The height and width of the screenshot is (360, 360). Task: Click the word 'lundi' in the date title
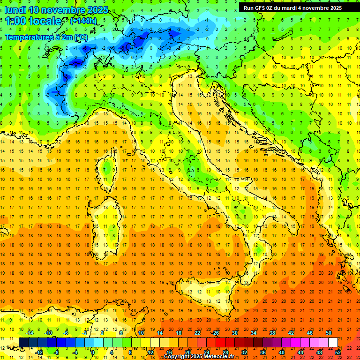(x=15, y=9)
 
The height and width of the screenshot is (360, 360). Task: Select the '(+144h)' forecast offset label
(x=83, y=21)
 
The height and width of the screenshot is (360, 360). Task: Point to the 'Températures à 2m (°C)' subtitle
(x=46, y=37)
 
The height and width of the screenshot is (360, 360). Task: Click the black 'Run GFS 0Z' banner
(x=292, y=8)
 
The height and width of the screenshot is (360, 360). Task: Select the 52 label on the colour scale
(x=338, y=352)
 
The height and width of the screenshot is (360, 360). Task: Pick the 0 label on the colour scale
(x=93, y=352)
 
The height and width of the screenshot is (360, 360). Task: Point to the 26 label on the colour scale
(x=216, y=333)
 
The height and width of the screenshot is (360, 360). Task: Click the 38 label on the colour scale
(x=272, y=333)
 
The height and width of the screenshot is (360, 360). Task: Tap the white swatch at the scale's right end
(x=333, y=342)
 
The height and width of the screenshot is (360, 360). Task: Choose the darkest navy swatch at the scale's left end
(x=23, y=342)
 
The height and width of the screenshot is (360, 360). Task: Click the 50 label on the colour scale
(x=328, y=333)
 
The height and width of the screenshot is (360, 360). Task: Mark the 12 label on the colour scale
(x=150, y=352)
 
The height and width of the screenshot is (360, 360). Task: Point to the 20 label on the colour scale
(x=187, y=352)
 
